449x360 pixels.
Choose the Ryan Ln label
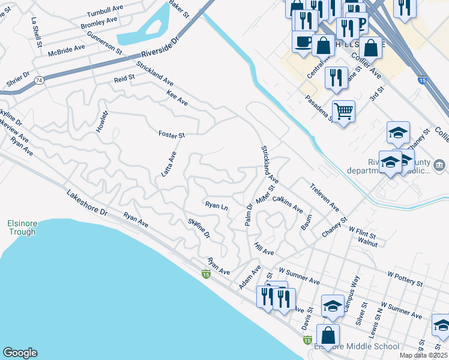coord(217,206)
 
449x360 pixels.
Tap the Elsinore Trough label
coord(23,228)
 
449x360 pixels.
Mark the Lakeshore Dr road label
coord(87,203)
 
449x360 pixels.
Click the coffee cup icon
coord(303,41)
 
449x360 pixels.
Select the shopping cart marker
coord(343,110)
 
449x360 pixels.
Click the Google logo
coord(20,353)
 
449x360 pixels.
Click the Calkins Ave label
coord(287,204)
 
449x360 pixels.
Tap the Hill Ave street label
coord(264,248)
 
